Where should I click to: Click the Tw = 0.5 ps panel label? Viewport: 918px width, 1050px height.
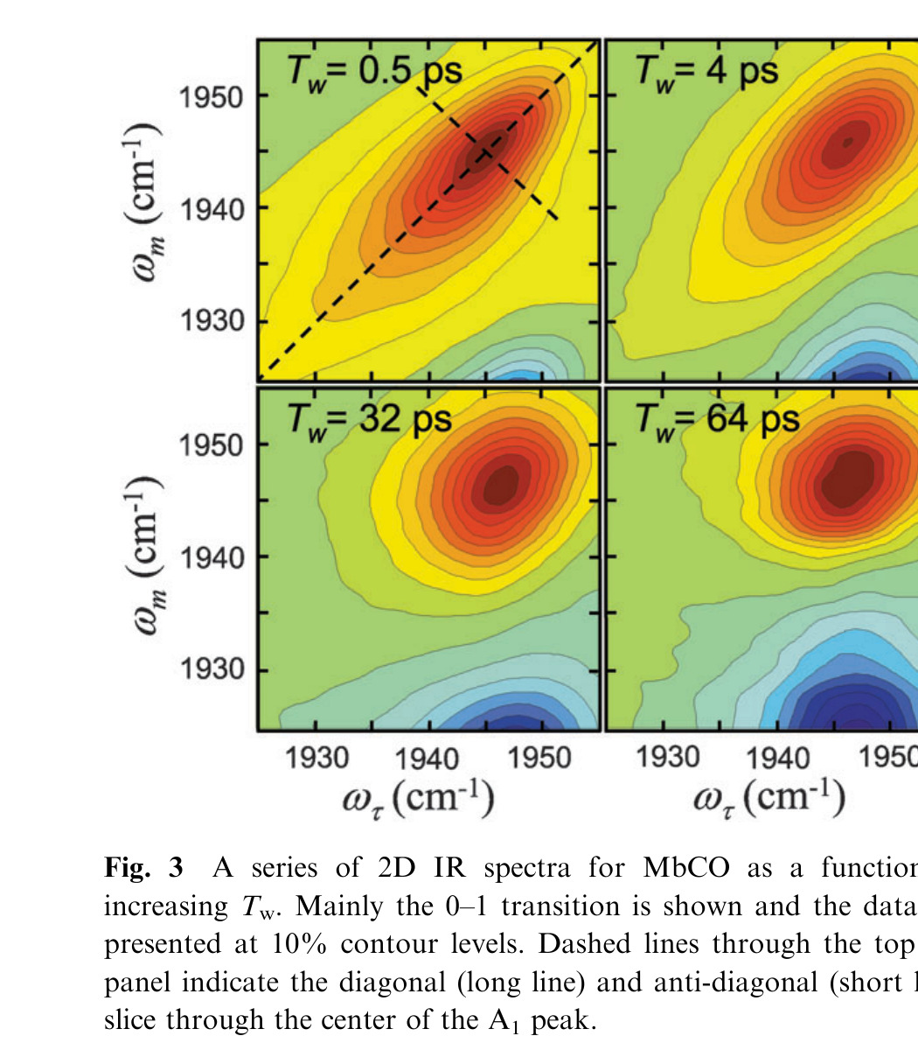tap(375, 70)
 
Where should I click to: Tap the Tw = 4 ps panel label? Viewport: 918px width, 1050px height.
tap(706, 70)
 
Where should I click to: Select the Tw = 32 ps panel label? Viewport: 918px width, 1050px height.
tap(370, 419)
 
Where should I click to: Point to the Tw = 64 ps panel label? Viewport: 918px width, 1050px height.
tap(717, 419)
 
